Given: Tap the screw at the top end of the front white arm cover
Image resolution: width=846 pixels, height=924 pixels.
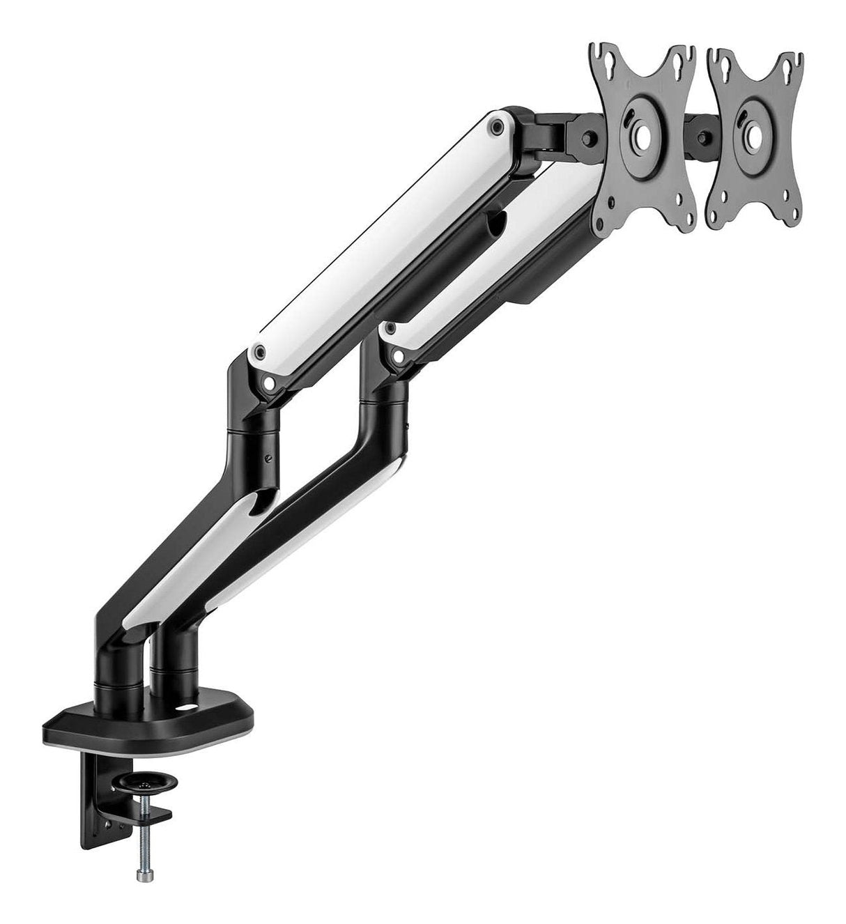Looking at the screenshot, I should click(496, 126).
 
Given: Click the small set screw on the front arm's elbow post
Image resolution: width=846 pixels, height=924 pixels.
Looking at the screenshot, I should click(269, 459).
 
